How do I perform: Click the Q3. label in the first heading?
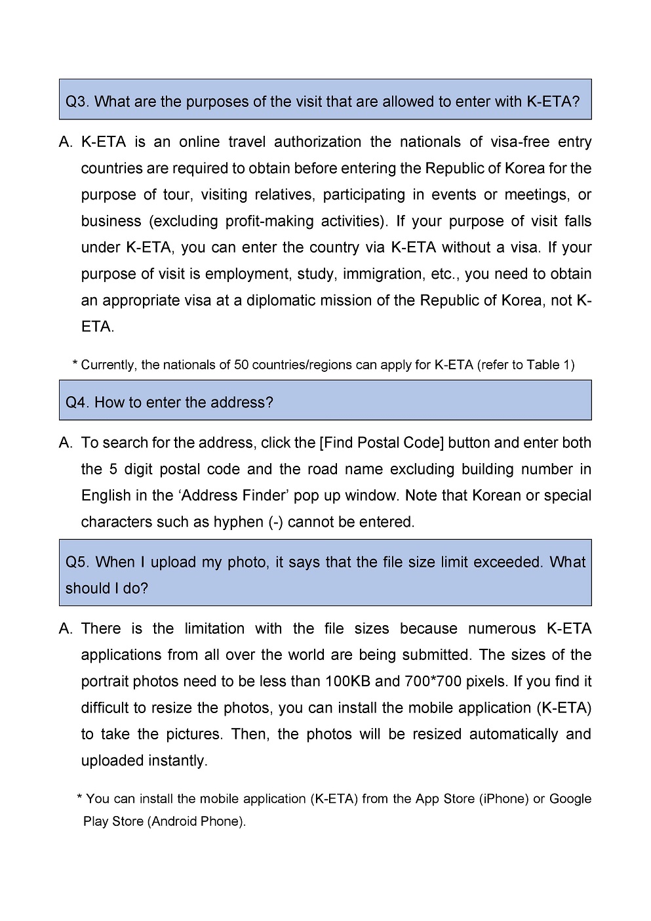tap(77, 102)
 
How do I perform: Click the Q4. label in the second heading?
tap(77, 402)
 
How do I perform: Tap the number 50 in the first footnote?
tap(241, 365)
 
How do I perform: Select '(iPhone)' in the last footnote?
tap(504, 799)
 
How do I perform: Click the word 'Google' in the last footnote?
tap(570, 799)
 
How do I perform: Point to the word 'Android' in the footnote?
tap(172, 821)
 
